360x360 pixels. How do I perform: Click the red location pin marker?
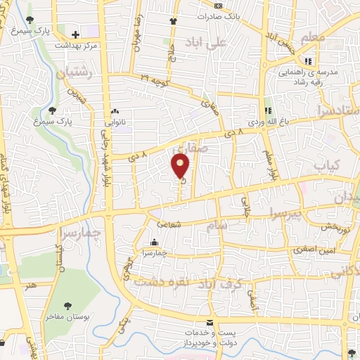[x=181, y=166]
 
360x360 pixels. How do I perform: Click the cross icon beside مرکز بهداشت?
[x=75, y=34]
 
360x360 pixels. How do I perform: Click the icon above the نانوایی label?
[x=115, y=111]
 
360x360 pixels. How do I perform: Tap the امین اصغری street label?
[x=314, y=250]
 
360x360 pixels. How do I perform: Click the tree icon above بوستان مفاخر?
[x=67, y=306]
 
